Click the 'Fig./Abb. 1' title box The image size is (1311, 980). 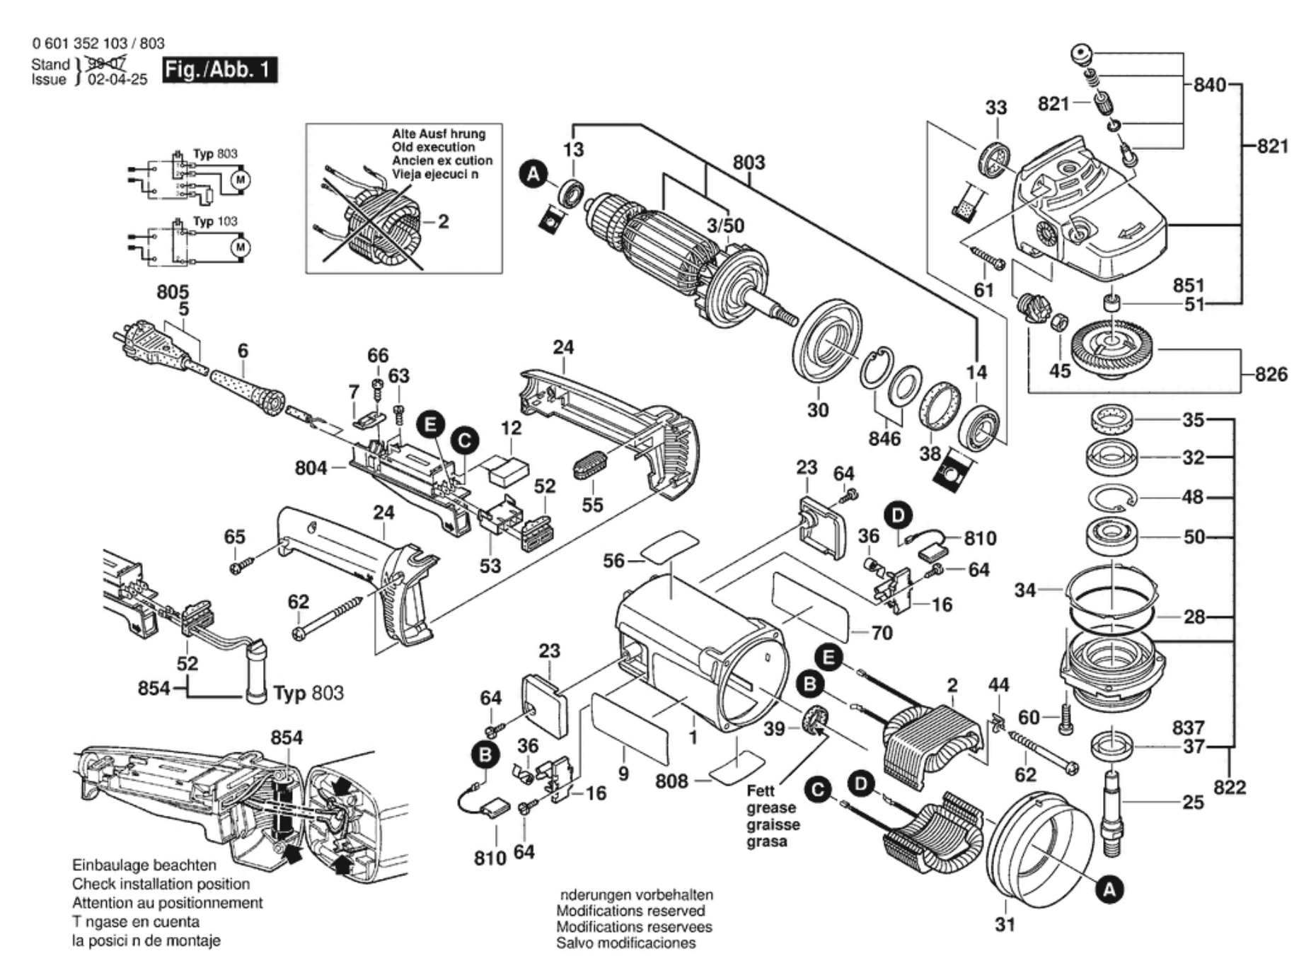click(x=219, y=70)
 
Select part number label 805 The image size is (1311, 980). click(x=173, y=292)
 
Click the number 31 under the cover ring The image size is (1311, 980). click(x=1005, y=924)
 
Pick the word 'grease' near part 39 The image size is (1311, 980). click(x=770, y=808)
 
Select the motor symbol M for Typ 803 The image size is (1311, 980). click(x=240, y=180)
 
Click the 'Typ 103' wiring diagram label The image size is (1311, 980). click(x=215, y=221)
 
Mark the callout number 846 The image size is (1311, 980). click(x=884, y=438)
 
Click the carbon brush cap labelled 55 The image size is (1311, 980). click(x=588, y=465)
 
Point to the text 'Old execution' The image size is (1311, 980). click(x=433, y=147)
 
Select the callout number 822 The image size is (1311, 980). click(x=1230, y=787)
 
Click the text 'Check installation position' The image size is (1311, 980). click(x=161, y=884)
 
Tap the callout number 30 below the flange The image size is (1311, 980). click(x=817, y=410)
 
